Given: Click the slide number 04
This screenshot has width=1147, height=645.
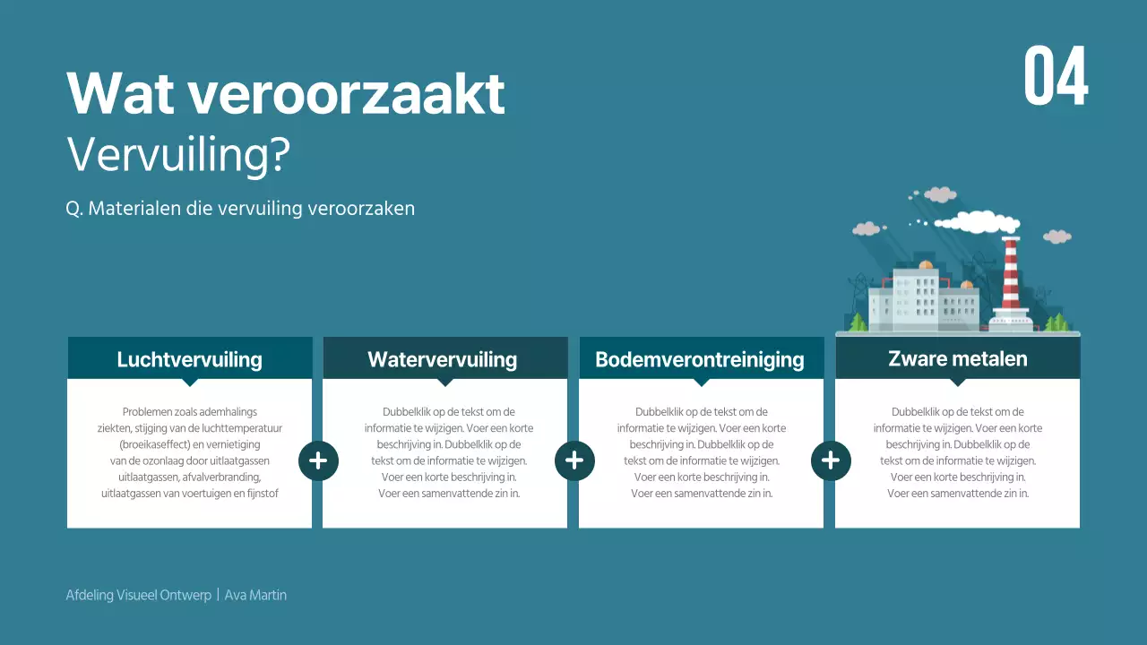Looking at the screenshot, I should (1056, 76).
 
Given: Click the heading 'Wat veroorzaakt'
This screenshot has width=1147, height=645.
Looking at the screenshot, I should (286, 92).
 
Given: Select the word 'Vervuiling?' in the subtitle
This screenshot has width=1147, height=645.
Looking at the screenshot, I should (178, 155).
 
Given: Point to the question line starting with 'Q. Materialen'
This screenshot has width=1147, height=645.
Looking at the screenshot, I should (240, 208).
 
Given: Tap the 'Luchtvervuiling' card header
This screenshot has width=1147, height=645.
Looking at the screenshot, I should (189, 359).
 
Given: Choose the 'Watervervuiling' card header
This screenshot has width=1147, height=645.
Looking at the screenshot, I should (442, 359).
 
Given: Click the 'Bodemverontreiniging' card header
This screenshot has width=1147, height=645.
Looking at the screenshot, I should (699, 360).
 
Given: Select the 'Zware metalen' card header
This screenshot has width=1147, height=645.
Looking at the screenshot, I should (957, 358).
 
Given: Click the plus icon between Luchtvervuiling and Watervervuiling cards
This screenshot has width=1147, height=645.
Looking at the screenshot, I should (318, 460).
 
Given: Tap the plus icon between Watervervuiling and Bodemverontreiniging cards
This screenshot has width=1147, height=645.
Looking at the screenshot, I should (574, 460).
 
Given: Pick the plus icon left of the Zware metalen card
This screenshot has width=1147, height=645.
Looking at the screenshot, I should (831, 460).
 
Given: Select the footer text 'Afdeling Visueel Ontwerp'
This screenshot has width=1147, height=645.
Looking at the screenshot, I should (139, 595).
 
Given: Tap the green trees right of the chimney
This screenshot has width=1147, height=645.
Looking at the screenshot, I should (1058, 322).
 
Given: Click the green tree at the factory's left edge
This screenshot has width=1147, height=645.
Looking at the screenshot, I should (858, 322).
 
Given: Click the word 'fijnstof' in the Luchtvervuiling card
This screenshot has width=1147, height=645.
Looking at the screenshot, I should (262, 493).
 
